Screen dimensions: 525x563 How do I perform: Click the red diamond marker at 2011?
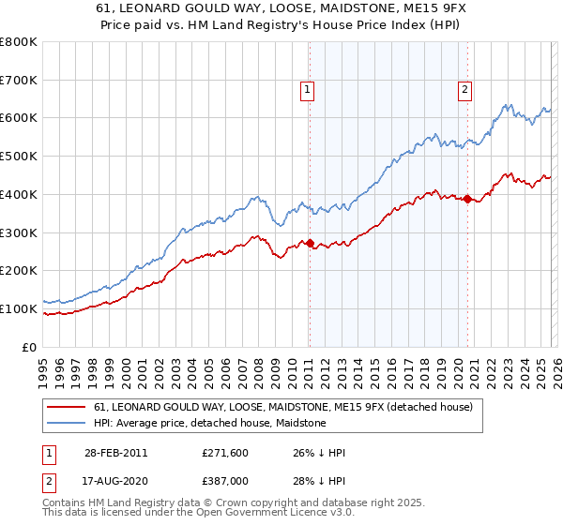click(x=310, y=243)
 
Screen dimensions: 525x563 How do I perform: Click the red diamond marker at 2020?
click(x=467, y=199)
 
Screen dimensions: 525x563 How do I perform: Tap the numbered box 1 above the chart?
click(x=308, y=90)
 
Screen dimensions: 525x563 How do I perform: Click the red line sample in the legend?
click(x=68, y=408)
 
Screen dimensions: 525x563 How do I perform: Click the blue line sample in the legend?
click(x=68, y=423)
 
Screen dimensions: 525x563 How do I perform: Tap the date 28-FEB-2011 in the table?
click(x=115, y=453)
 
